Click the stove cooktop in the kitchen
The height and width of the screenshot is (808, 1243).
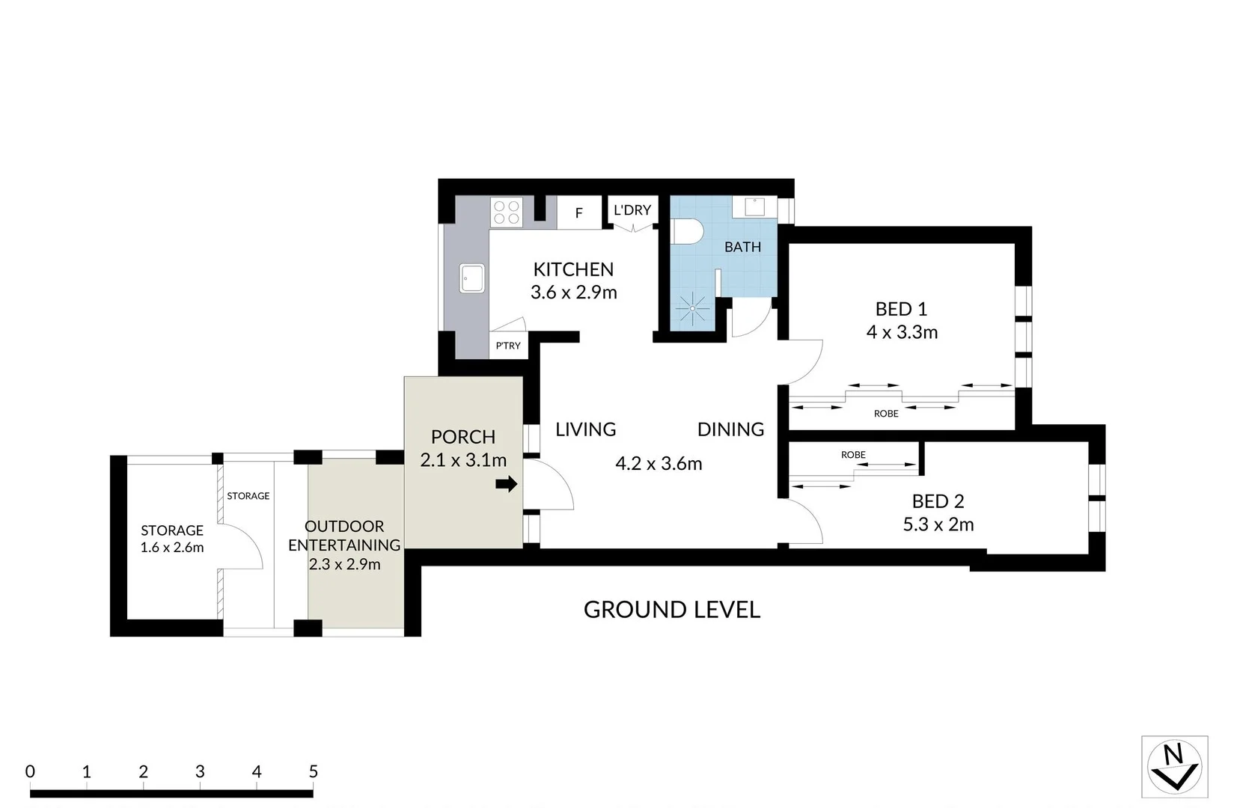coord(507,212)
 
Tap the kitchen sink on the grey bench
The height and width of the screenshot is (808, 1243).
coord(472,278)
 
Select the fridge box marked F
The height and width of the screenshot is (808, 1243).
coord(578,213)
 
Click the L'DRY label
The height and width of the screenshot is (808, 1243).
coord(632,210)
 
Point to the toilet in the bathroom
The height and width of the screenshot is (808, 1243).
coord(685,231)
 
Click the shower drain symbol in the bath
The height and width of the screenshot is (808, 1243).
coord(692,308)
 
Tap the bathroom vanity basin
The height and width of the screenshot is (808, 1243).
coord(754,206)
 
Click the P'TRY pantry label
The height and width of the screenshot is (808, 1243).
coord(508,346)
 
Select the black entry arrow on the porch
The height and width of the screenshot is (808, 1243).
coord(507,484)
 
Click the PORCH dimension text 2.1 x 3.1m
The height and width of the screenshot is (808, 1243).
coord(463,460)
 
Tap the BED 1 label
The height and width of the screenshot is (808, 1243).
coord(901,309)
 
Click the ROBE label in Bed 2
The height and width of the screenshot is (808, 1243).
coord(853,455)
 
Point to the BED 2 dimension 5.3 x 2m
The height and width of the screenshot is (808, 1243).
coord(938,524)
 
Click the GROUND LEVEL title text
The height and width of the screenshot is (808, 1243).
coord(671,610)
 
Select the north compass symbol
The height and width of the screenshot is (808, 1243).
coord(1173,767)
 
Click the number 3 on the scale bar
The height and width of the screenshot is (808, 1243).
coord(200,771)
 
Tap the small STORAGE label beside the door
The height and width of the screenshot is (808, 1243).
coord(248,496)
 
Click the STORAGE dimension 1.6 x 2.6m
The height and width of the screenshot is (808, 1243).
coord(172,548)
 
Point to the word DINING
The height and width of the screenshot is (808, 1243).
coord(730,429)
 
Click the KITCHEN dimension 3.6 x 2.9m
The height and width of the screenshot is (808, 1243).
coord(574,293)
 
